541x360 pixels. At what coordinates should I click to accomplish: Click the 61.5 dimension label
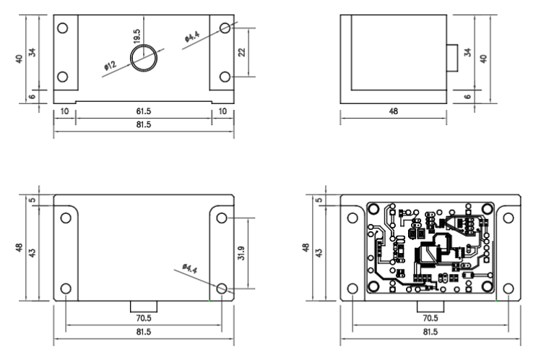144,111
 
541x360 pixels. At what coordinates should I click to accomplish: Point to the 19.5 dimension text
137,36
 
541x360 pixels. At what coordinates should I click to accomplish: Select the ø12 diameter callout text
111,65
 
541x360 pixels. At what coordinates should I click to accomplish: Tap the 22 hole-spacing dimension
242,52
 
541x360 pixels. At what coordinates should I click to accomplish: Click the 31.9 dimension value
241,253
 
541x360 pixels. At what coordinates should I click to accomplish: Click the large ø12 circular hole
144,58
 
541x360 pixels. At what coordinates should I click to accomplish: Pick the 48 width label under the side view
394,111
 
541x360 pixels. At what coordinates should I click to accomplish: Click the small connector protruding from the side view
452,58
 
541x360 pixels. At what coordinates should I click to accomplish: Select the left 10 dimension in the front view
64,111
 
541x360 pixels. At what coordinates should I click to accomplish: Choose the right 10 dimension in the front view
222,111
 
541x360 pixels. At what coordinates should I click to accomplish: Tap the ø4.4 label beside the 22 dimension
192,37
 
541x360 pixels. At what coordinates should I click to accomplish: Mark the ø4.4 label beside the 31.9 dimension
190,268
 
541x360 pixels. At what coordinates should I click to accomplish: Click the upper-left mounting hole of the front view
63,28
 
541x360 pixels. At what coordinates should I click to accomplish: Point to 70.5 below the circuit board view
430,318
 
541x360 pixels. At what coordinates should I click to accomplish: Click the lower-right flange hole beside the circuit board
508,288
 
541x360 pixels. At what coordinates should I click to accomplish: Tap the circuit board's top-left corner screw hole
373,209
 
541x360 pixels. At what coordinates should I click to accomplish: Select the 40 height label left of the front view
20,59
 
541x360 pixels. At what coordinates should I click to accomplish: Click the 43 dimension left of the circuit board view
319,253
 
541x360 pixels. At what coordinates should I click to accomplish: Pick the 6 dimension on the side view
468,96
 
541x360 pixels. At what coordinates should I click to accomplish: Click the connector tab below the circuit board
430,307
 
